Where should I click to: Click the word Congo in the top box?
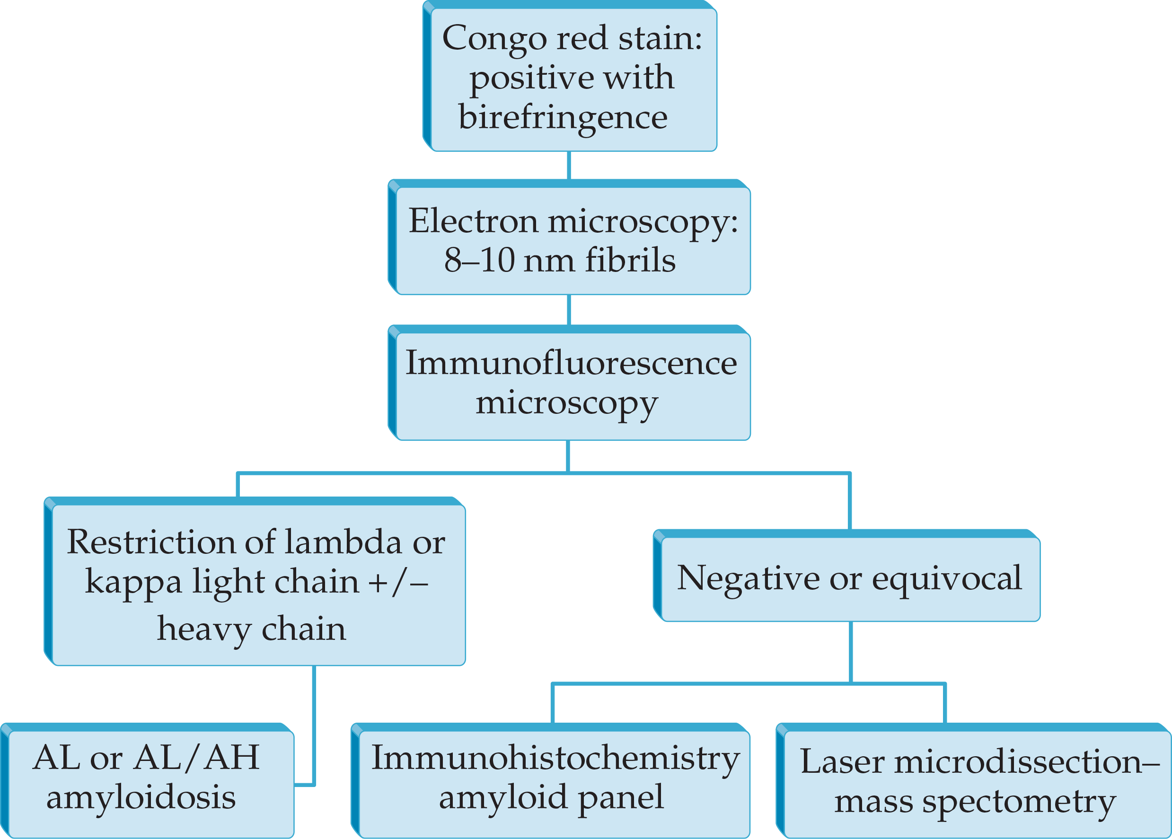coord(494,39)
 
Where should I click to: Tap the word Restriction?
coord(151,542)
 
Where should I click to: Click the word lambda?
coord(343,542)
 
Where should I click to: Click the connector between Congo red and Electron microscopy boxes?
coord(569,166)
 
